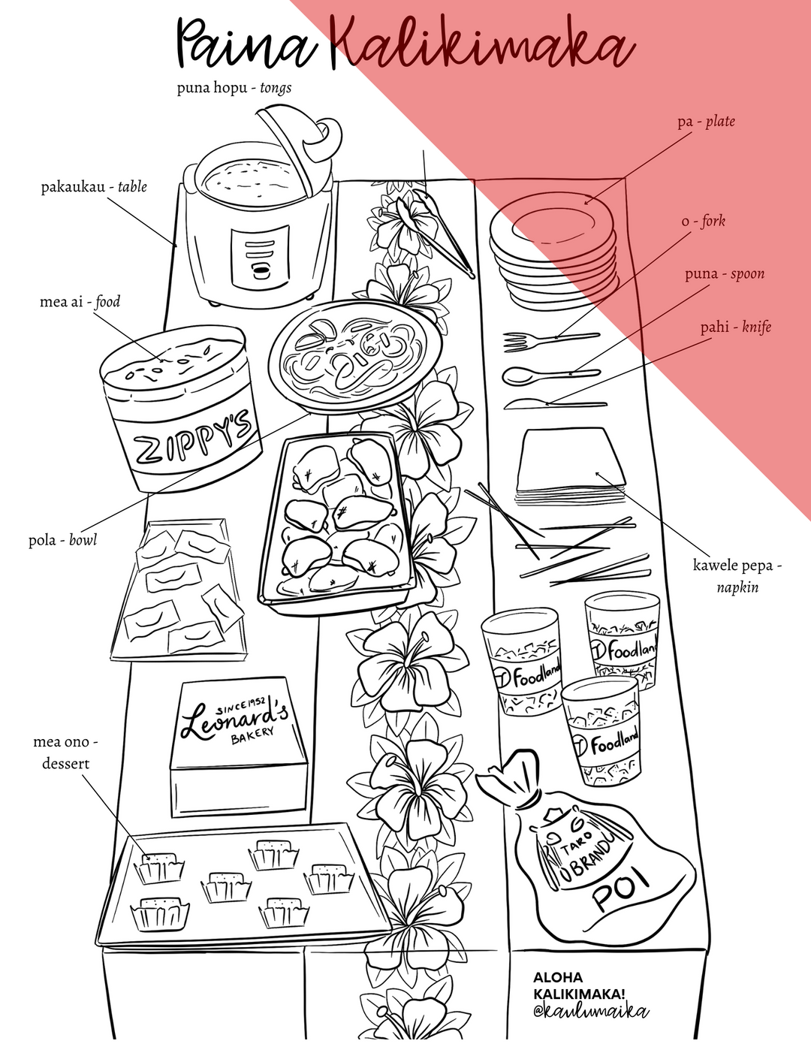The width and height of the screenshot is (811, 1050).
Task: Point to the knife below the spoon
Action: (556, 404)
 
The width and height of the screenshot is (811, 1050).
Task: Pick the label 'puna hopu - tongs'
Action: (234, 89)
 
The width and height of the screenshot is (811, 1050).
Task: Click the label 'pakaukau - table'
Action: (94, 187)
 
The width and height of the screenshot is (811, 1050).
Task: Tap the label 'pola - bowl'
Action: (63, 540)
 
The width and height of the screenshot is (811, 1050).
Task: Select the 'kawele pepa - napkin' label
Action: (737, 576)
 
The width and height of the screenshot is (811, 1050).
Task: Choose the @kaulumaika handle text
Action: (591, 1012)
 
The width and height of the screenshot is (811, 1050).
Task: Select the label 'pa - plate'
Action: (706, 121)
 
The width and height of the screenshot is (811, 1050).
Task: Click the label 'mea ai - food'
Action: (80, 302)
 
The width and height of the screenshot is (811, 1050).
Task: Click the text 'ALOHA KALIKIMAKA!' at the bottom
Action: (579, 985)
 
